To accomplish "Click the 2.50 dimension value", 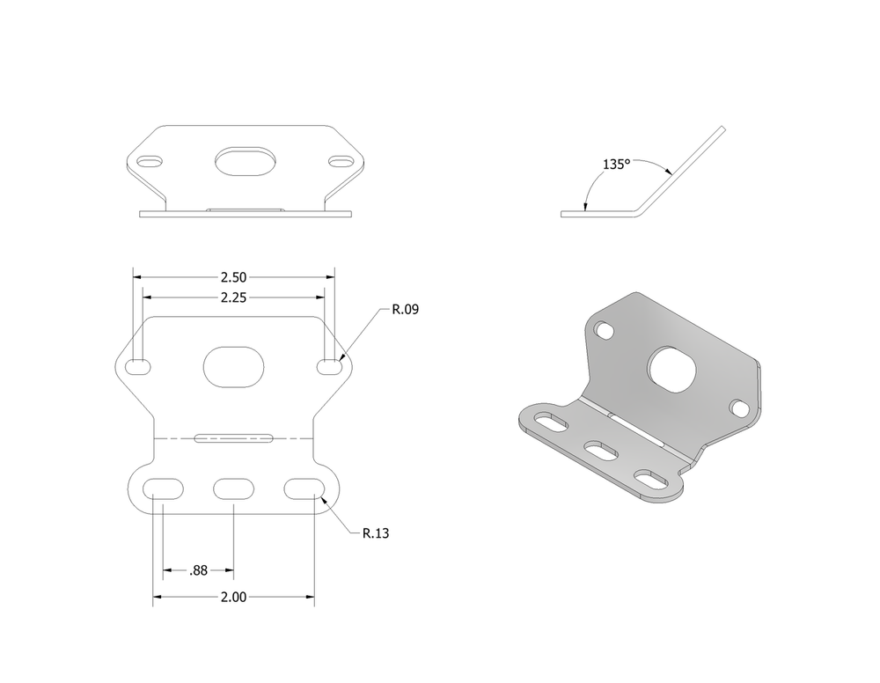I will (x=233, y=277).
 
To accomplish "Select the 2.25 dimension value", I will (x=233, y=297).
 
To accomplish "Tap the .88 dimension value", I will (x=199, y=570).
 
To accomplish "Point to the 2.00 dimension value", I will (x=233, y=597).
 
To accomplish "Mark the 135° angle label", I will (x=616, y=165).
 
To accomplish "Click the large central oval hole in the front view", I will (x=233, y=366).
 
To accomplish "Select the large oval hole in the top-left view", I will (x=246, y=161).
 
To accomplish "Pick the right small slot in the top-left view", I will (x=341, y=161).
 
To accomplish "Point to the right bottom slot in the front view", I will (x=304, y=488).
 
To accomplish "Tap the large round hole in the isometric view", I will (x=672, y=368).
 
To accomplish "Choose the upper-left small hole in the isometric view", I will (x=605, y=331).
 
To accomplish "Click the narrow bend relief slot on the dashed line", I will (x=233, y=437).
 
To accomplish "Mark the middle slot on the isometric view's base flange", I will (x=601, y=452).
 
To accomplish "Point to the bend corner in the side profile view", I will (x=642, y=211).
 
